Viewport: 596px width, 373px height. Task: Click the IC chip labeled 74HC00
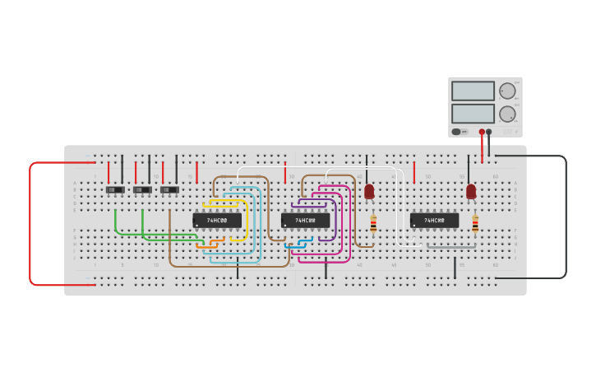pyautogui.click(x=217, y=221)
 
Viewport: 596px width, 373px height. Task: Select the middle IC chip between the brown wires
pyautogui.click(x=305, y=221)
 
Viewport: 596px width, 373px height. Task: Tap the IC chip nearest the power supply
pyautogui.click(x=434, y=221)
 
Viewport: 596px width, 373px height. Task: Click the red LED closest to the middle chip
pyautogui.click(x=369, y=191)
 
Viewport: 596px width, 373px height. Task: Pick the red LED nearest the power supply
pyautogui.click(x=471, y=191)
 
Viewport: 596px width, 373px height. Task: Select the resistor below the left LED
pyautogui.click(x=373, y=223)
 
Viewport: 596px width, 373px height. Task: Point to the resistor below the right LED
pyautogui.click(x=475, y=223)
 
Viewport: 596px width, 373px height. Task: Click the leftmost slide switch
pyautogui.click(x=115, y=190)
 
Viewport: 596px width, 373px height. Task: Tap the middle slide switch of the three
pyautogui.click(x=142, y=190)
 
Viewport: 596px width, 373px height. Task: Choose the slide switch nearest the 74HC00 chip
pyautogui.click(x=169, y=190)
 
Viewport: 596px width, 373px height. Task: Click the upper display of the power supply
pyautogui.click(x=473, y=91)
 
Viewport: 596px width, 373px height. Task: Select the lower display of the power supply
pyautogui.click(x=473, y=114)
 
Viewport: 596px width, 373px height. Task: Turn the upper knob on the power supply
pyautogui.click(x=507, y=91)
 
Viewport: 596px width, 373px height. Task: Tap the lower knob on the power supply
pyautogui.click(x=507, y=114)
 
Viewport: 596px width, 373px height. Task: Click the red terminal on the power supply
pyautogui.click(x=482, y=132)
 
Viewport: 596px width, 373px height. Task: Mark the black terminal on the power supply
pyautogui.click(x=489, y=132)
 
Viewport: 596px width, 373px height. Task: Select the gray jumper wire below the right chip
pyautogui.click(x=450, y=245)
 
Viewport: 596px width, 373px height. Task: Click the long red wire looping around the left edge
pyautogui.click(x=30, y=222)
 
